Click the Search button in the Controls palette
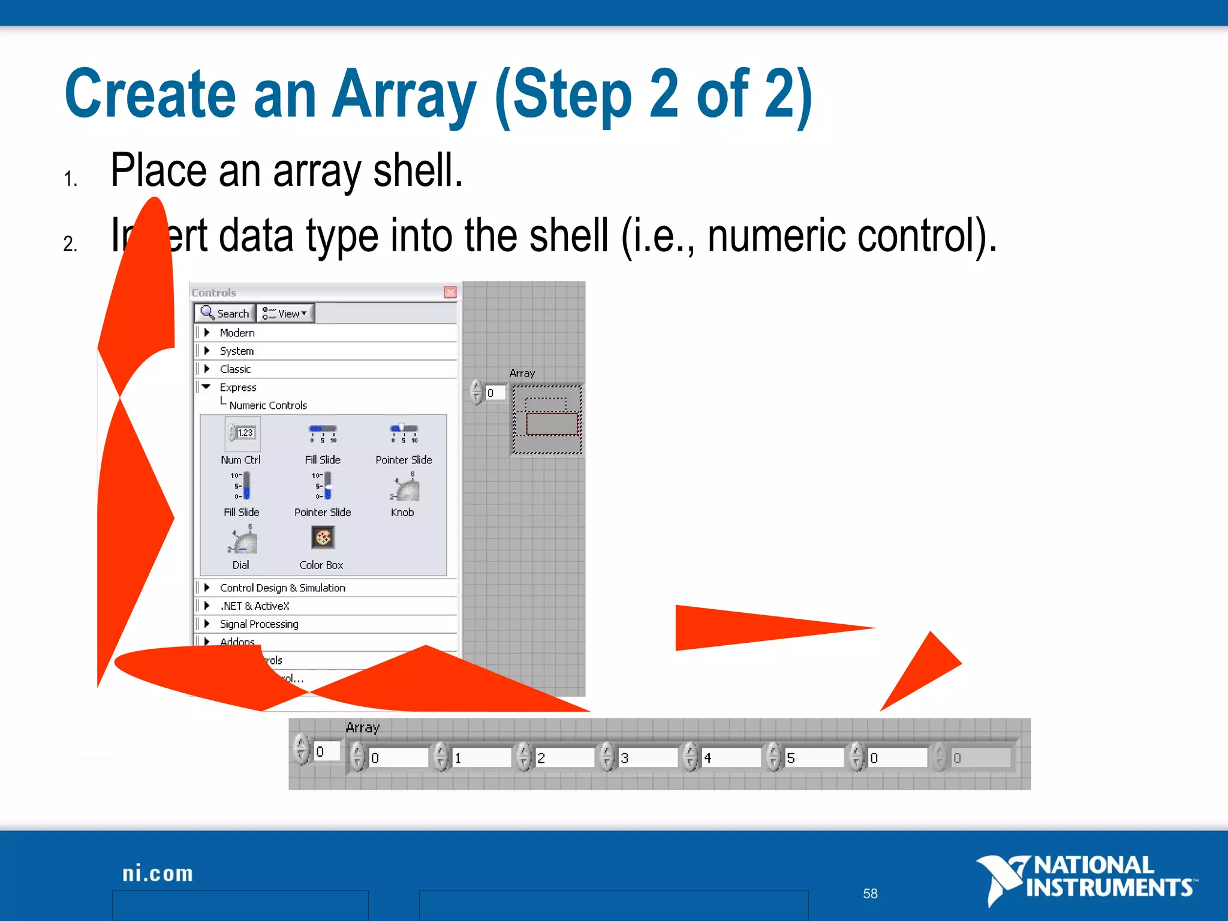(x=225, y=313)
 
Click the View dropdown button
(x=285, y=313)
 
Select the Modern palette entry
(x=237, y=333)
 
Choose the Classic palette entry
(x=235, y=369)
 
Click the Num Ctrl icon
(x=242, y=434)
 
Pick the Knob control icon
(x=405, y=487)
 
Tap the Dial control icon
(x=242, y=540)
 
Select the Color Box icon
(x=323, y=538)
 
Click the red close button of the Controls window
(x=450, y=292)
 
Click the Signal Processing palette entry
(x=258, y=624)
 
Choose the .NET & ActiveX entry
(x=254, y=606)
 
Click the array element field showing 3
(x=648, y=758)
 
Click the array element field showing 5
(x=814, y=758)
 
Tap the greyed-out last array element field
(x=980, y=758)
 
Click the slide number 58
(x=870, y=893)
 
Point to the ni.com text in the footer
(x=158, y=874)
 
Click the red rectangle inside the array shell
(x=552, y=424)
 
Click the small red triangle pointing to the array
(x=923, y=669)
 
